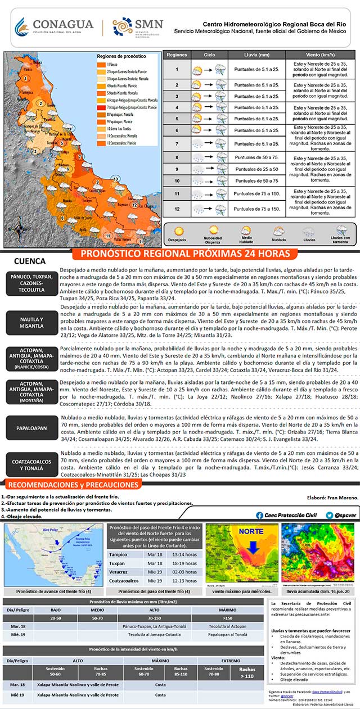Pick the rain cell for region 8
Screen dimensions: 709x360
point(257,157)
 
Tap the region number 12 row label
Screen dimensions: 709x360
point(177,209)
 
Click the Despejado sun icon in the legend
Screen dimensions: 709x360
point(179,231)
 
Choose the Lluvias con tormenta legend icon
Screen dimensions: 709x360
point(342,230)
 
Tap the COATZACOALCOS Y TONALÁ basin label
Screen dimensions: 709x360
point(32,464)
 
